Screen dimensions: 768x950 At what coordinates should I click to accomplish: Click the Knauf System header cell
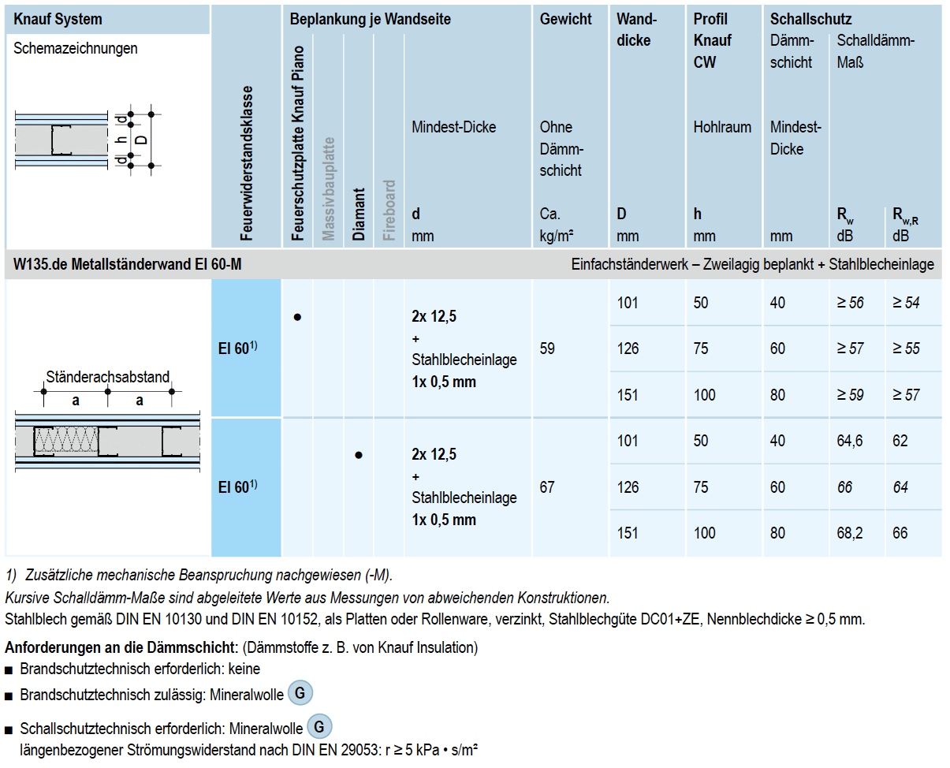(x=58, y=19)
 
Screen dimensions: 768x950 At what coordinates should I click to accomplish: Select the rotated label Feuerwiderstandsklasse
(x=247, y=162)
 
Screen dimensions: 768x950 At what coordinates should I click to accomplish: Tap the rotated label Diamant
(x=359, y=214)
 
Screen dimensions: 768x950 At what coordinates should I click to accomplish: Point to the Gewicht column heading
(x=565, y=19)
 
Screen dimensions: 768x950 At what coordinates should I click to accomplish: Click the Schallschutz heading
(x=810, y=19)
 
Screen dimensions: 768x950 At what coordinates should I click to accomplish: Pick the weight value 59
(x=547, y=348)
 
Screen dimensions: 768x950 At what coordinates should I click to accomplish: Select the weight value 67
(x=547, y=487)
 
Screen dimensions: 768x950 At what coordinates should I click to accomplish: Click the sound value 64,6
(x=851, y=441)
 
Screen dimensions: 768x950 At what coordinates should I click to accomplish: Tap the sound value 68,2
(x=851, y=533)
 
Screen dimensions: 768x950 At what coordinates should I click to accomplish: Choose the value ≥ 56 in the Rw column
(x=851, y=302)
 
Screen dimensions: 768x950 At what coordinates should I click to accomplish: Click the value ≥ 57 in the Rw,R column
(x=906, y=394)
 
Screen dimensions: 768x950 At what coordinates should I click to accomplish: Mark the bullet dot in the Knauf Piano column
(x=297, y=317)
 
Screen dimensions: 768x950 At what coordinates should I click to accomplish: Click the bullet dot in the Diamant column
(x=359, y=455)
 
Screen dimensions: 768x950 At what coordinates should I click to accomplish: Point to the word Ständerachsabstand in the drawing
(x=107, y=377)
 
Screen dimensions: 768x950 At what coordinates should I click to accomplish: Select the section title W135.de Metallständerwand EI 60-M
(x=128, y=264)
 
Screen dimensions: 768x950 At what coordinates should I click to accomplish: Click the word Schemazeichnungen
(x=76, y=48)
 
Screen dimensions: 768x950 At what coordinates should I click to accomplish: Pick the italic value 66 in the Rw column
(x=845, y=487)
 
